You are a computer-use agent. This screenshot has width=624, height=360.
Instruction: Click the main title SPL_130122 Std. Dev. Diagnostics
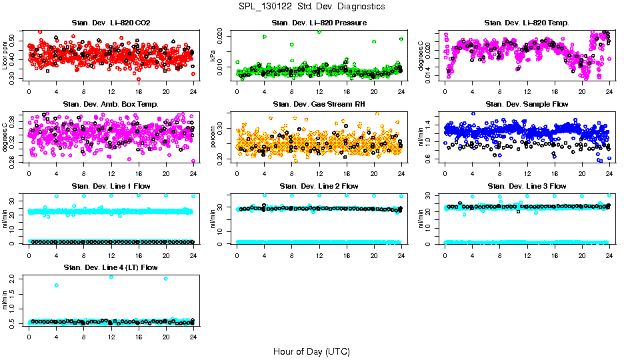tap(311, 7)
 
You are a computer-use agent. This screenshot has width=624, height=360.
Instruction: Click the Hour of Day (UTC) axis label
tap(311, 351)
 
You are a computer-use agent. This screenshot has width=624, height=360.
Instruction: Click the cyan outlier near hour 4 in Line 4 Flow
tap(57, 285)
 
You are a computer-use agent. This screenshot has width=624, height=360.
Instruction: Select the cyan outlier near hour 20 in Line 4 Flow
tap(166, 279)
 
